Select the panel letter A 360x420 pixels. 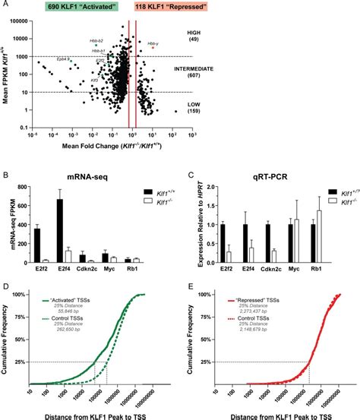[x=5, y=5]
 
